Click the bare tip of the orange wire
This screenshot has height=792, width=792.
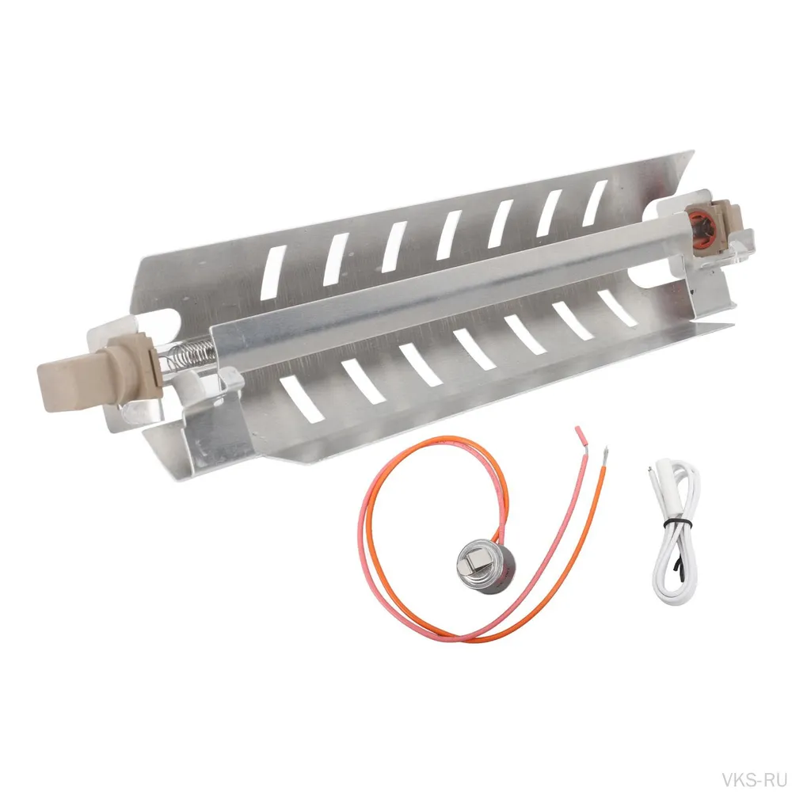(x=605, y=455)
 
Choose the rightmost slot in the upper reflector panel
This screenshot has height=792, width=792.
(x=595, y=203)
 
